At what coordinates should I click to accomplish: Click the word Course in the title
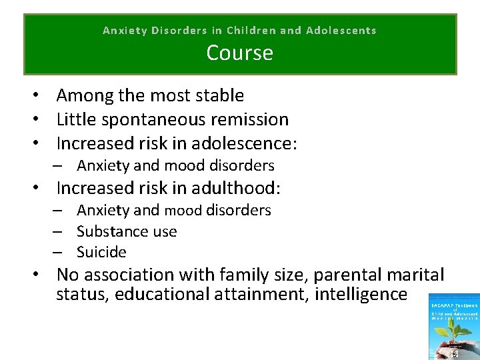point(239,53)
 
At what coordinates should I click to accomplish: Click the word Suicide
point(101,252)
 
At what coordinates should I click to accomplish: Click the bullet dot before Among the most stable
point(31,96)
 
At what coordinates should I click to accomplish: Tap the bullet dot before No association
point(31,275)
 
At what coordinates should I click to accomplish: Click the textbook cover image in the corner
point(455,327)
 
